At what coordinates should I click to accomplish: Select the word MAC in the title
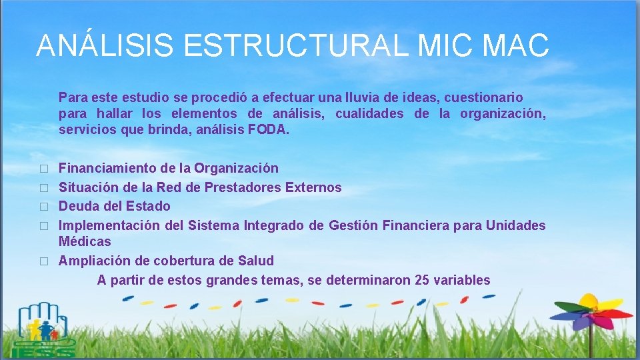coord(517,45)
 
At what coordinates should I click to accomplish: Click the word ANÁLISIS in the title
coord(105,45)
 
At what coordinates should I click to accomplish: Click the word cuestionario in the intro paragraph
coord(485,97)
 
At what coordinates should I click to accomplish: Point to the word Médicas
coord(85,241)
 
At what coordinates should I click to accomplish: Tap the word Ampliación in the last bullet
coord(91,260)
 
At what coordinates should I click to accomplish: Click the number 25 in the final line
coord(422,280)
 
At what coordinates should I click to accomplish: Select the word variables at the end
coord(462,280)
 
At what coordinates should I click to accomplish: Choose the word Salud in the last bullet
coord(255,260)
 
